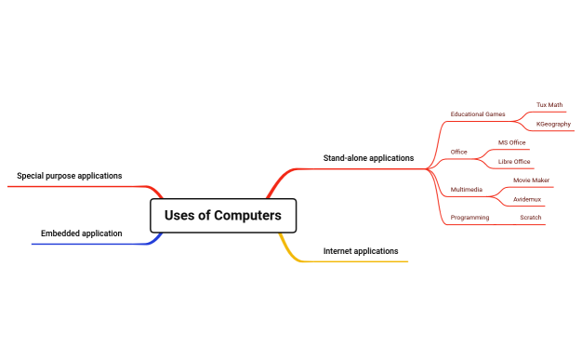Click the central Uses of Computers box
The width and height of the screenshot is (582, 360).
222,216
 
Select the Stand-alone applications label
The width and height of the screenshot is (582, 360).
368,158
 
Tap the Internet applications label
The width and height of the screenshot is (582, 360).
360,251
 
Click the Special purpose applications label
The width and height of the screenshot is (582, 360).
69,176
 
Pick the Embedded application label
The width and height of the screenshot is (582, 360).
81,233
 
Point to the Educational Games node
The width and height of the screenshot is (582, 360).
477,114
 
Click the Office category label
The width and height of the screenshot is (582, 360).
458,152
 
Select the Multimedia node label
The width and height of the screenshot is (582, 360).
466,190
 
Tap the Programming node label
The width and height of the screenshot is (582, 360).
470,218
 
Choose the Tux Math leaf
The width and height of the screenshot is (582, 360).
549,105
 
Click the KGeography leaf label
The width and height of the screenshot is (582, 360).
553,124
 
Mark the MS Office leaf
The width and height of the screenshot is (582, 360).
511,142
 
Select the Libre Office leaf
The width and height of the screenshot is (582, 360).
514,162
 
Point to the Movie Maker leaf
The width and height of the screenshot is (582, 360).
531,180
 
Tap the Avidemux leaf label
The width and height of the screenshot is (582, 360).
527,199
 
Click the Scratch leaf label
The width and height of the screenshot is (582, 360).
530,218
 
